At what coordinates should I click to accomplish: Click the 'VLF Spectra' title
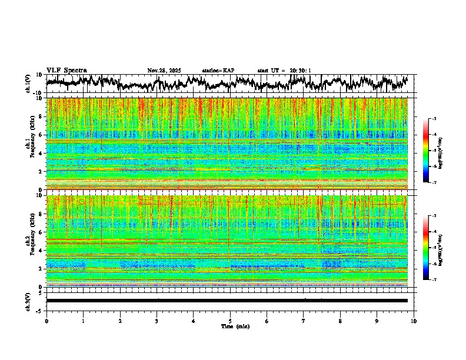tap(66, 71)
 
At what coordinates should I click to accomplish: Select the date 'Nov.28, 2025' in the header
tap(164, 71)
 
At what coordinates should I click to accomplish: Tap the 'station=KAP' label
tap(218, 71)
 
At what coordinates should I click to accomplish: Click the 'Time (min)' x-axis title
tap(235, 326)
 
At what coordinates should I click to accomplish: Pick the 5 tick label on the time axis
tap(230, 321)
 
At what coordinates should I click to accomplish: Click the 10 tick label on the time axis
tap(414, 321)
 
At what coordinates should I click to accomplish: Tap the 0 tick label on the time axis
tap(46, 321)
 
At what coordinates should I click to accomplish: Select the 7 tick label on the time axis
tap(304, 321)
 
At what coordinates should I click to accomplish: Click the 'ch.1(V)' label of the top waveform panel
tap(28, 84)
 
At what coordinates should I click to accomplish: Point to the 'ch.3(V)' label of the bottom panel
tap(28, 300)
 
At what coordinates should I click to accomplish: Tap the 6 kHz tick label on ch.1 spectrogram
tap(41, 135)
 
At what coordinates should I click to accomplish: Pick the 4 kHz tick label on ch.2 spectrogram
tap(41, 250)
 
